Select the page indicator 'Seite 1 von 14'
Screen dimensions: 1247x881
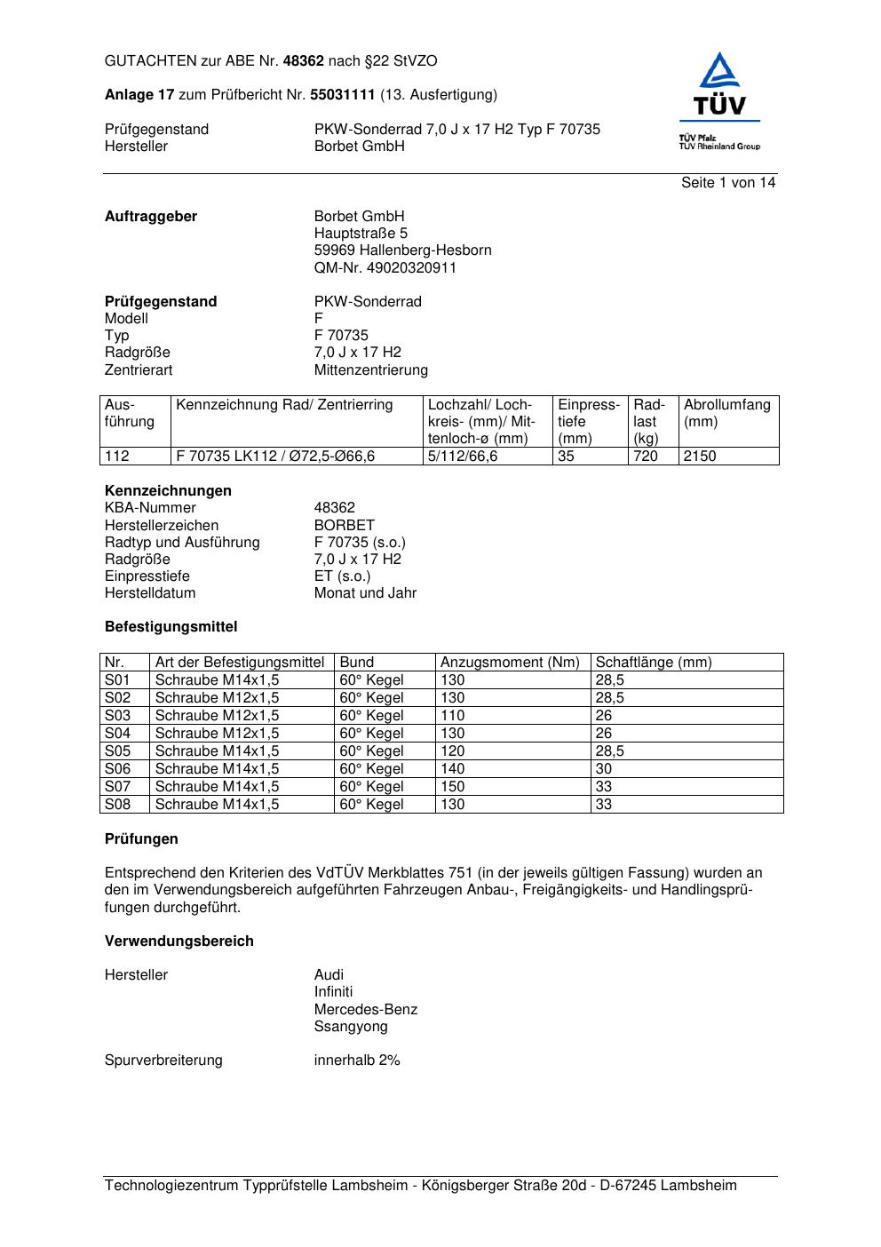[x=728, y=183]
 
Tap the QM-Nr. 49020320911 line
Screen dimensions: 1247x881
[x=385, y=267]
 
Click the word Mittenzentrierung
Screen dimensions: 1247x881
[x=370, y=369]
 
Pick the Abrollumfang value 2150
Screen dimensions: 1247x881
[x=700, y=456]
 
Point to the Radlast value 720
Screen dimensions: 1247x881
[x=646, y=456]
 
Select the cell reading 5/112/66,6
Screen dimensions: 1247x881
[x=463, y=456]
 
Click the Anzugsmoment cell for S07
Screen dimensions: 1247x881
[x=453, y=786]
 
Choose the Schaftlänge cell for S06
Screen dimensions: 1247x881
[x=604, y=768]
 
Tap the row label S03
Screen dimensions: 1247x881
[x=117, y=715]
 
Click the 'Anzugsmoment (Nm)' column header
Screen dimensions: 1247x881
[x=510, y=662]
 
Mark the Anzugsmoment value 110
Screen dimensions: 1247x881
[x=453, y=715]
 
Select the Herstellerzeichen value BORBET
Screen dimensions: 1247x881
[x=344, y=525]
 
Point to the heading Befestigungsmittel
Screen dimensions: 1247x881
[x=171, y=626]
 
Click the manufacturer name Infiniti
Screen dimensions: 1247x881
[x=333, y=991]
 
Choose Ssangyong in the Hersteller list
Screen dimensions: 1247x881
[x=351, y=1026]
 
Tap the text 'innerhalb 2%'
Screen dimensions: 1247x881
[x=357, y=1060]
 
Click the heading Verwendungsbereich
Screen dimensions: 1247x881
[x=179, y=941]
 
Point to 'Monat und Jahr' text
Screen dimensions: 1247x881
[x=365, y=592]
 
